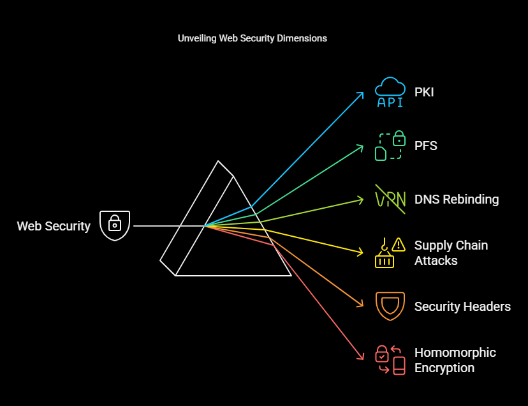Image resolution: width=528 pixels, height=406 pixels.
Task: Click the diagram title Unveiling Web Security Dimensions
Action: [x=252, y=38]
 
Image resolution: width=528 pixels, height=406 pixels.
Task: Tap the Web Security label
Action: [x=54, y=226]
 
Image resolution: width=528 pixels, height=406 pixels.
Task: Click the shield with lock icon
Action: [x=115, y=225]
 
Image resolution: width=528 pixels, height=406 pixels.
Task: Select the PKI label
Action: [x=424, y=93]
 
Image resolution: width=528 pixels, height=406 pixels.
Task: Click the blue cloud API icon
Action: [x=390, y=93]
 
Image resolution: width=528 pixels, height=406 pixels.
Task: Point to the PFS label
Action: [x=426, y=146]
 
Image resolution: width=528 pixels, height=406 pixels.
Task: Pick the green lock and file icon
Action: [x=390, y=146]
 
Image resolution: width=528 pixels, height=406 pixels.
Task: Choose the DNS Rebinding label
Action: [x=457, y=199]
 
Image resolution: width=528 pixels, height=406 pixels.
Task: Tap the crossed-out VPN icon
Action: [x=390, y=199]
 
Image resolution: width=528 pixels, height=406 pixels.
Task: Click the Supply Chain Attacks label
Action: [x=451, y=253]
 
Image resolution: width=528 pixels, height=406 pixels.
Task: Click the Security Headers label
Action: [x=462, y=306]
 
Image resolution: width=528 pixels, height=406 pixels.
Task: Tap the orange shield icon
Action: [x=390, y=306]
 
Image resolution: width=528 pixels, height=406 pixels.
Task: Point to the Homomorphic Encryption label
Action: [x=455, y=360]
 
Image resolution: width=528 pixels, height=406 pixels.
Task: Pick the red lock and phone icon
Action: [x=390, y=360]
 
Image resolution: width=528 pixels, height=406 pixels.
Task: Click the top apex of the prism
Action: [x=218, y=162]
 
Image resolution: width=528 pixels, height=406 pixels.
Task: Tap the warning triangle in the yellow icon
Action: [x=399, y=244]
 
